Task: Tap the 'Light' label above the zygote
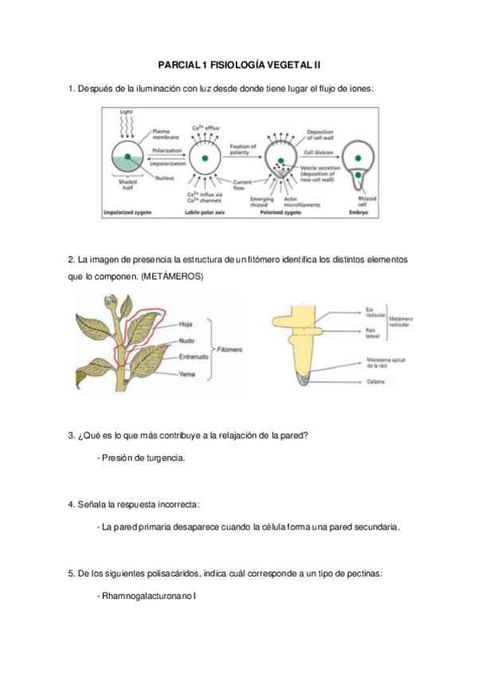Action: point(126,112)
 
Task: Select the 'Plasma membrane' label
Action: point(163,133)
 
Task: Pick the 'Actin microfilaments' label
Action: point(305,202)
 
